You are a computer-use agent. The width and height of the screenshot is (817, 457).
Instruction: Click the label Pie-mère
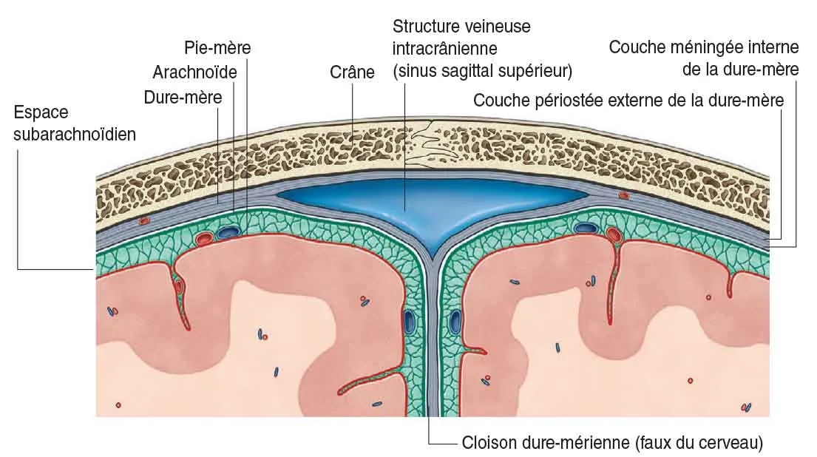point(217,49)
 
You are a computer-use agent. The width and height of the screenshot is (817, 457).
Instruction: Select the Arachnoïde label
point(194,72)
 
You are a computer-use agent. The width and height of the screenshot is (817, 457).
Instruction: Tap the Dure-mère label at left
point(183,97)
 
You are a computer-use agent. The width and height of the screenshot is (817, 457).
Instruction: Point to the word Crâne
point(352,72)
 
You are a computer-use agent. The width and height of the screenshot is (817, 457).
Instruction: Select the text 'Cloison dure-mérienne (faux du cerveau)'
point(611,444)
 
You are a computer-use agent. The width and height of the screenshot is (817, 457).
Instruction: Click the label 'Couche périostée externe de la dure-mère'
point(628,100)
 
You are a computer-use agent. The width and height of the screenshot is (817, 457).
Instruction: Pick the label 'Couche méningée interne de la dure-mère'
point(704,58)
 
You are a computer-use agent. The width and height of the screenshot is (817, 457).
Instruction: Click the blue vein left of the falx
point(409,321)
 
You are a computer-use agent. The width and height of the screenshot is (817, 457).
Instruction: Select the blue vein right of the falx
point(456,322)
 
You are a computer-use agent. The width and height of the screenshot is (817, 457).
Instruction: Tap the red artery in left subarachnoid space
point(204,238)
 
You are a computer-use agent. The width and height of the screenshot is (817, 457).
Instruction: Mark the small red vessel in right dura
point(625,196)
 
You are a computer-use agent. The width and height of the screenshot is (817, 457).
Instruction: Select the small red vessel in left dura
point(144,220)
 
